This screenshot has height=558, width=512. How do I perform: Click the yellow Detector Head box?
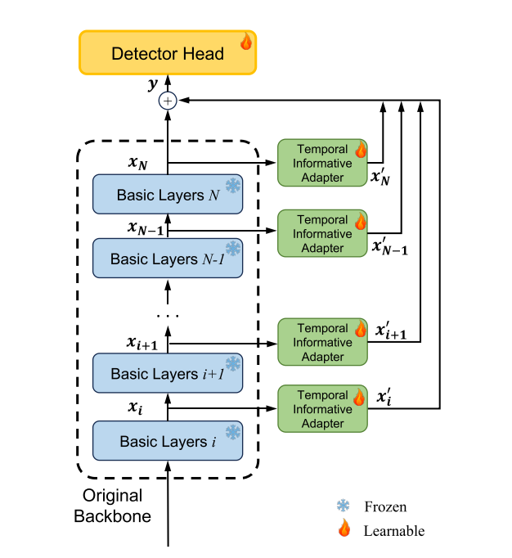point(167,54)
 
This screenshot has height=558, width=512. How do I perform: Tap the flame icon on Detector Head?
point(245,41)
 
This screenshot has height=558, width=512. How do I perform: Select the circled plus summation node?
point(168,101)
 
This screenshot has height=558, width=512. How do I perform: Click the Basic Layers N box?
point(168,195)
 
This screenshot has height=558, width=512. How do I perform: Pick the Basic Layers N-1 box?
point(168,259)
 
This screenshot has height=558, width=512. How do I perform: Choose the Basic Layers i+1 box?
point(168,373)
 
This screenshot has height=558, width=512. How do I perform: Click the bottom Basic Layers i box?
point(168,441)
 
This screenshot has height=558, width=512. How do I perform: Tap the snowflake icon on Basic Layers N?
point(233,186)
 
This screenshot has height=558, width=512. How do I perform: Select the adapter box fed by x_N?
point(322,162)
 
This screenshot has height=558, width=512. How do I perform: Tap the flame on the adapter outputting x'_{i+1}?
point(360,329)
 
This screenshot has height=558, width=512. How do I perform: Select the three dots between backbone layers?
point(167,314)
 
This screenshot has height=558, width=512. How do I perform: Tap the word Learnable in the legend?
point(394,531)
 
